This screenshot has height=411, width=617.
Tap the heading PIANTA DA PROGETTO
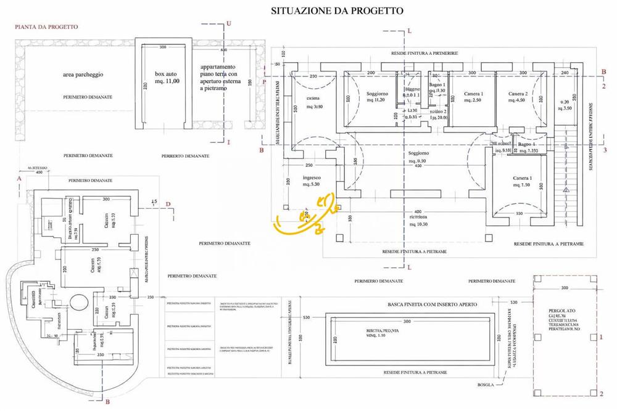(x=46, y=27)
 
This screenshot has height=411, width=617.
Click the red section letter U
(x=229, y=23)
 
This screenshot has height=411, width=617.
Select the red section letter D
(x=168, y=203)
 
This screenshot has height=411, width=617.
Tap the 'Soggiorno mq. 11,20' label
(x=376, y=97)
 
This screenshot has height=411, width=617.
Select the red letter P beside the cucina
(x=264, y=81)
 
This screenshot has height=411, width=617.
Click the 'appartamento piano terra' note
(x=218, y=78)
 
